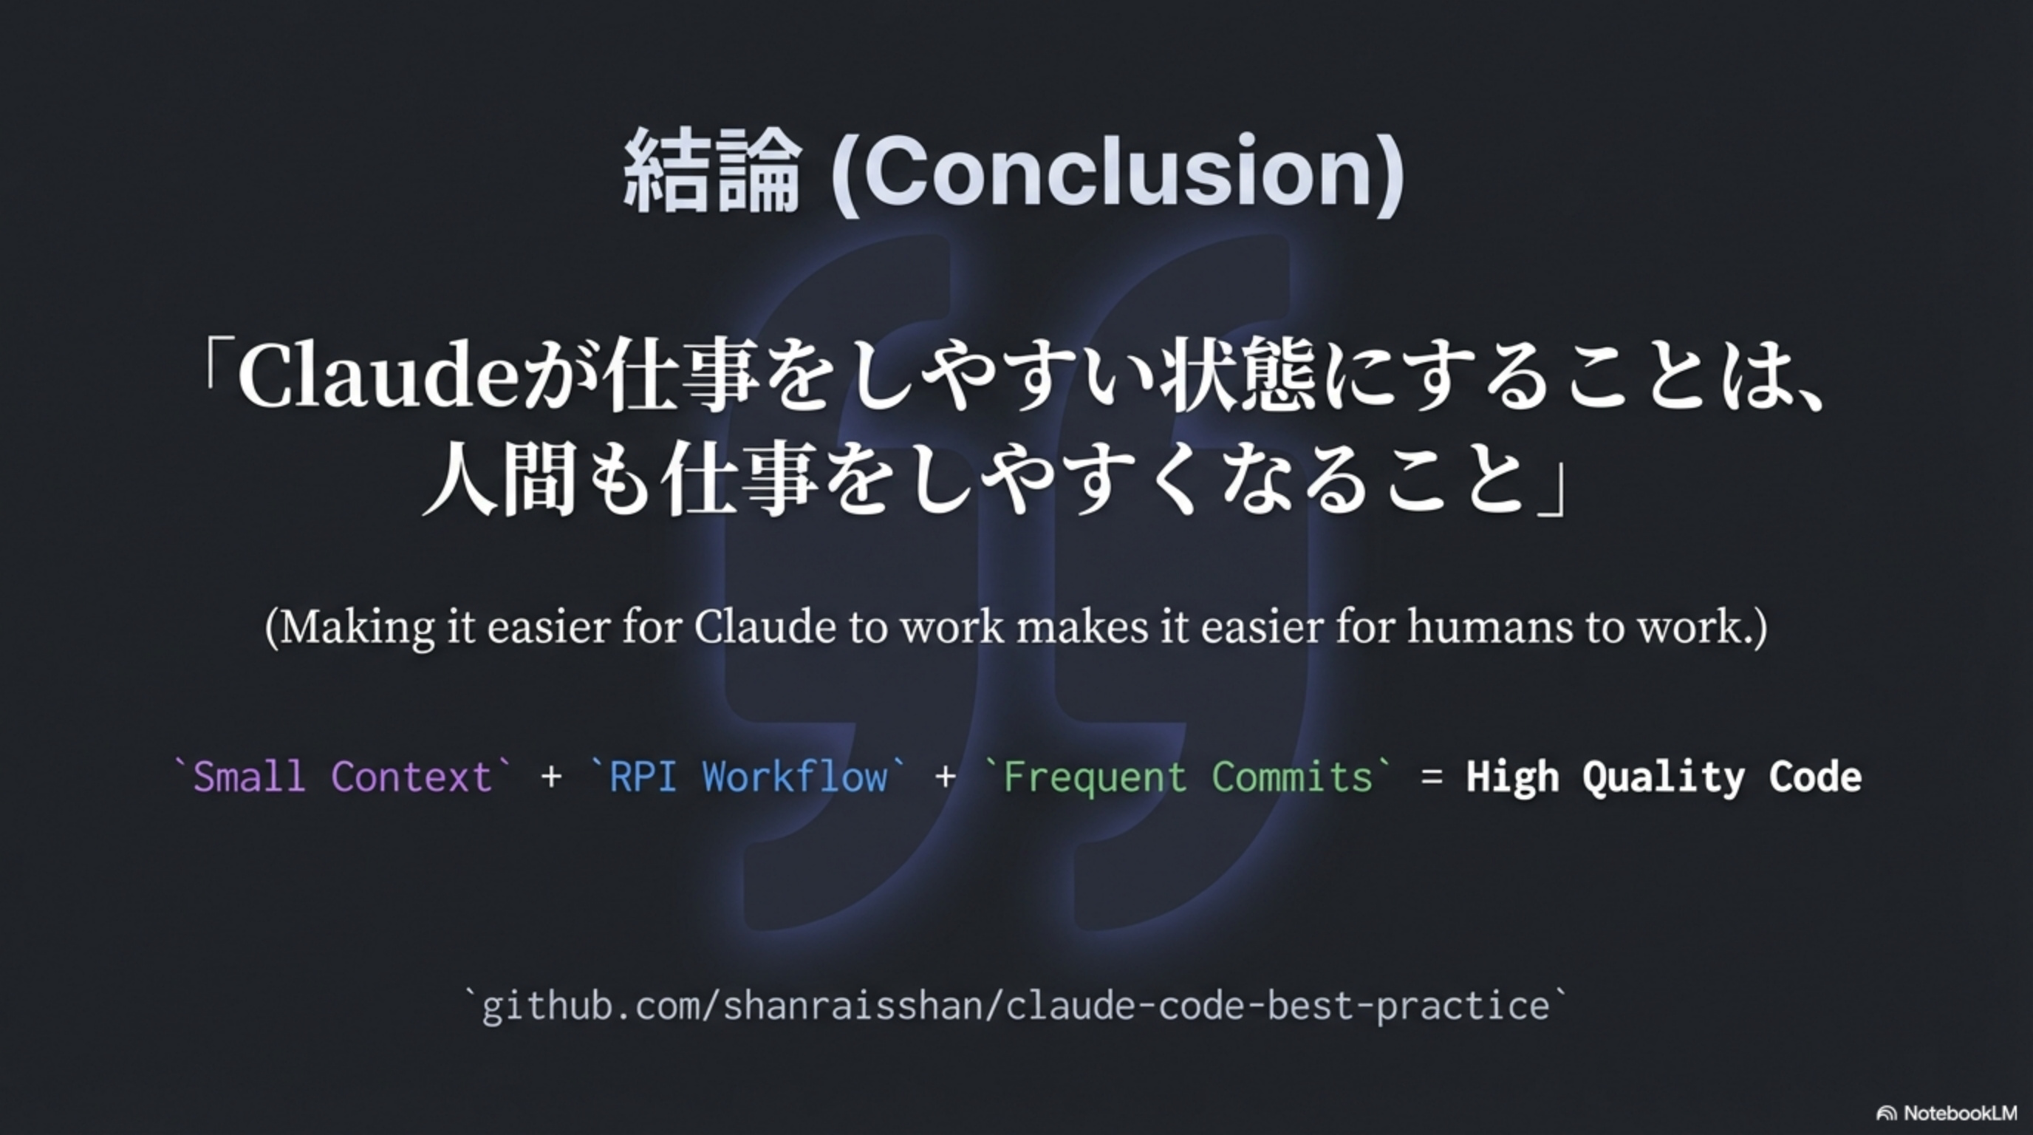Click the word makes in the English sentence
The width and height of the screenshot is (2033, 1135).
[x=1082, y=627]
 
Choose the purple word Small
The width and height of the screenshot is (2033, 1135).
[x=250, y=777]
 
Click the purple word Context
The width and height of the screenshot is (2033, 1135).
[x=411, y=777]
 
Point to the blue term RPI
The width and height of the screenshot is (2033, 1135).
[x=643, y=777]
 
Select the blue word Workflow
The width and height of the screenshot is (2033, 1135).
[x=795, y=777]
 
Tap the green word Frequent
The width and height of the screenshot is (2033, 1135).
[x=1095, y=778]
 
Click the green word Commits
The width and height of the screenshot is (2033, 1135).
[x=1292, y=777]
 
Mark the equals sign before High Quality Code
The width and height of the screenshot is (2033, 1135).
[x=1432, y=777]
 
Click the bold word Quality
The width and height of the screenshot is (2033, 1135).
[x=1663, y=778]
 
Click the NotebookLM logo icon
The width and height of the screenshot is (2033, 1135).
[x=1887, y=1114]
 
